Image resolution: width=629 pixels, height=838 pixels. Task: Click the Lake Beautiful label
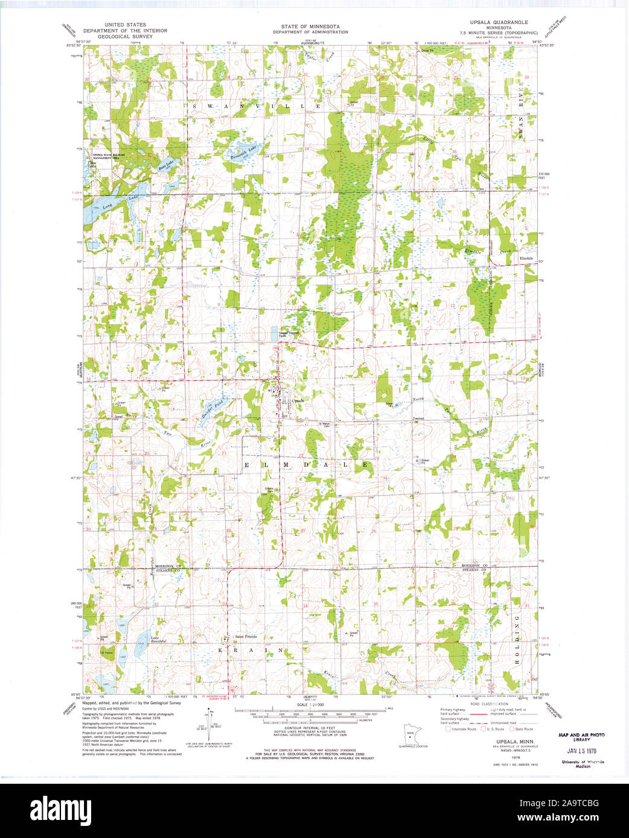(x=158, y=640)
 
